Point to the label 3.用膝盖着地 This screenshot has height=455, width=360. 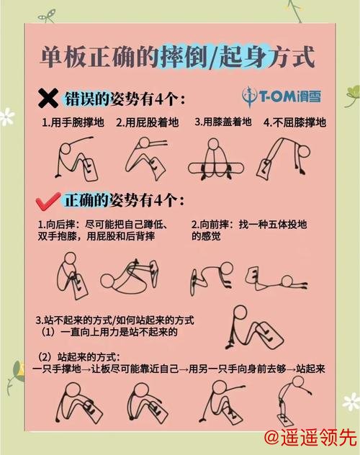click(223, 122)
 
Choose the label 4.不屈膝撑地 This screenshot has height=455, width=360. click(294, 122)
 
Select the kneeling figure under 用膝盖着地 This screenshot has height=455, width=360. click(215, 158)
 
